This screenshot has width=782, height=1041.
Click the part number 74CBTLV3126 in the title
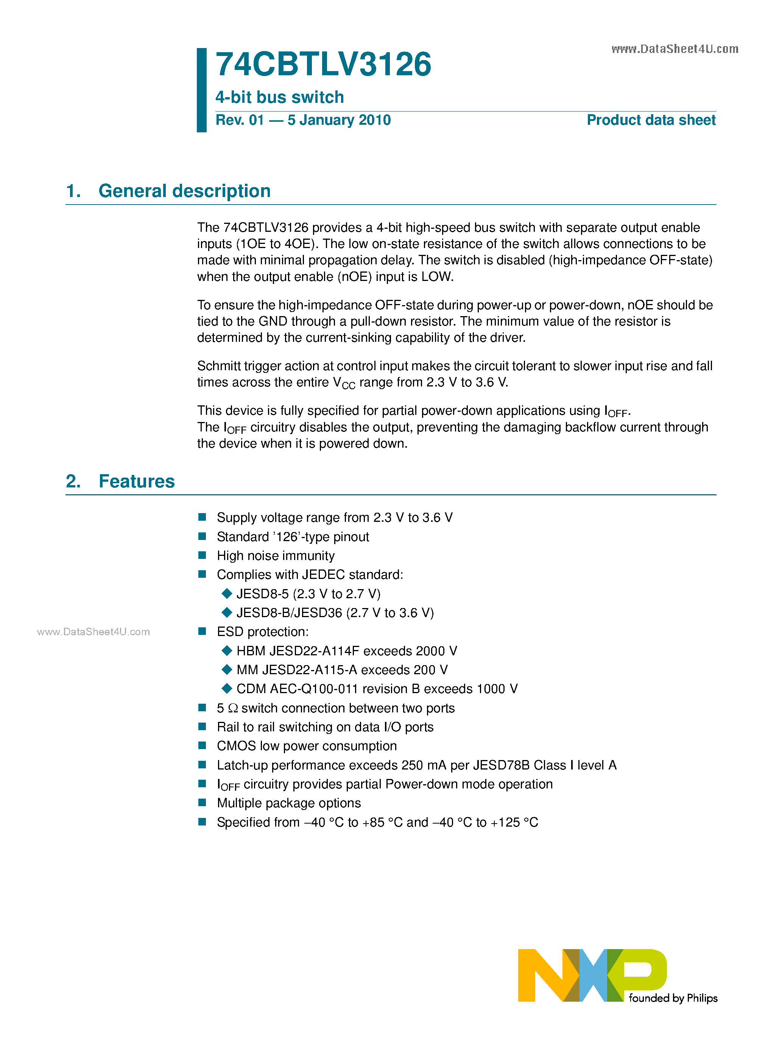click(x=323, y=65)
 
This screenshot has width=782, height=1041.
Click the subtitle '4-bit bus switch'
click(x=279, y=98)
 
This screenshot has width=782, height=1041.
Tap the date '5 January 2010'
click(x=339, y=120)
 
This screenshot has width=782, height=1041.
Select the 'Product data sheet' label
click(x=651, y=120)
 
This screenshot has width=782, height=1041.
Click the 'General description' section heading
click(x=184, y=191)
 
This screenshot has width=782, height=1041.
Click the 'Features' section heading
click(x=137, y=481)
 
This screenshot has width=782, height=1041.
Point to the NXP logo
click(x=592, y=975)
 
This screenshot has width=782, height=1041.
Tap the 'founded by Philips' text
click(x=673, y=998)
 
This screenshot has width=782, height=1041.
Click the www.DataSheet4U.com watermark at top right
click(x=674, y=49)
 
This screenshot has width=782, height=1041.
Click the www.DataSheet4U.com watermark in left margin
click(x=93, y=632)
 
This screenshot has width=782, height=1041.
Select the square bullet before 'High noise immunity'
click(x=203, y=555)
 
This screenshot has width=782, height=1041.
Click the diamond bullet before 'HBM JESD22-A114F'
click(x=227, y=650)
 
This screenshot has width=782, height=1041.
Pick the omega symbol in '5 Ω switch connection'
click(x=233, y=708)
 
